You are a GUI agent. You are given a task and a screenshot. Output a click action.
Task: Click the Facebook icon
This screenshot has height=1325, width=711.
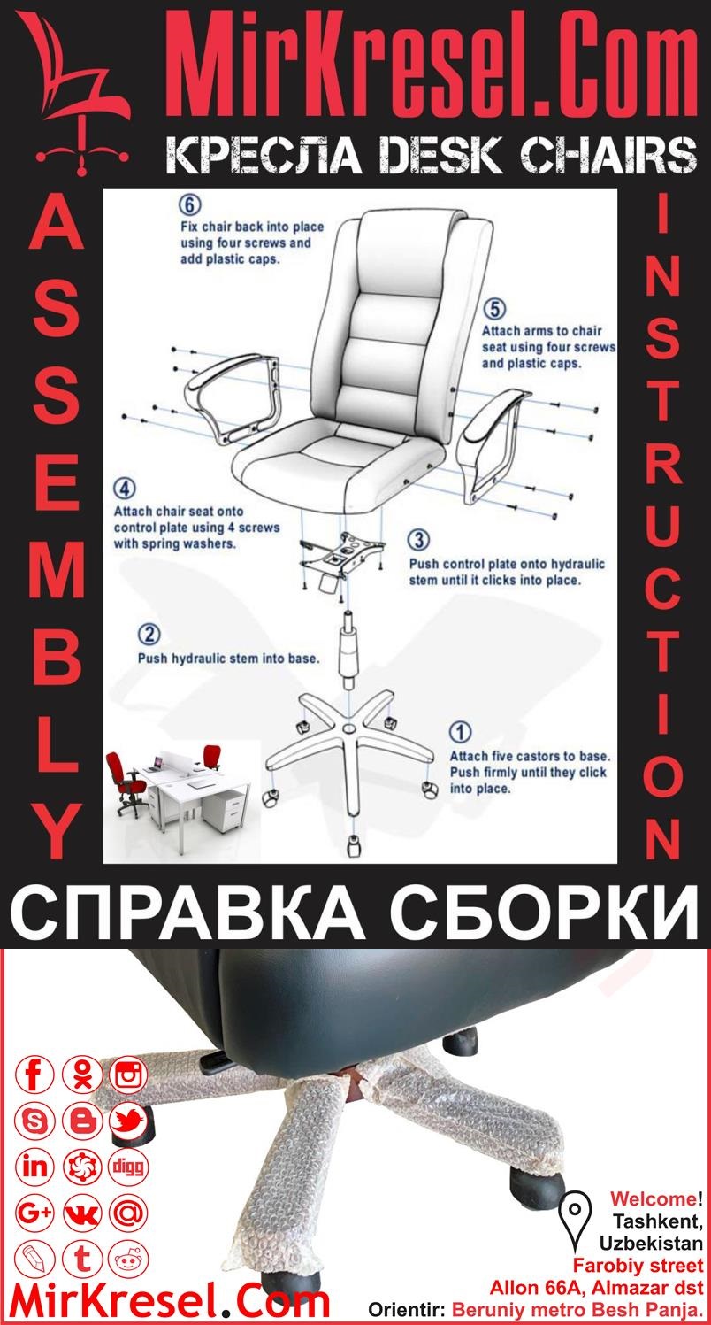click(36, 1075)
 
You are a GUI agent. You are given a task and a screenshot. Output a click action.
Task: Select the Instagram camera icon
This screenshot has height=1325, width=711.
click(129, 1075)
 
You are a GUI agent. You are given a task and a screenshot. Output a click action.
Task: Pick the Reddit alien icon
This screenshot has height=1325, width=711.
click(129, 1258)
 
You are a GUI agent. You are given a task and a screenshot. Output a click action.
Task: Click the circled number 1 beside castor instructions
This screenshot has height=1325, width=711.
click(461, 733)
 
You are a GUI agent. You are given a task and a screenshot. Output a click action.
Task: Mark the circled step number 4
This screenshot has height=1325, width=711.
click(126, 489)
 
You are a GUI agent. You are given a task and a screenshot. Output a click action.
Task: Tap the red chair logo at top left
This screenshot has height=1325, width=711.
click(76, 93)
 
